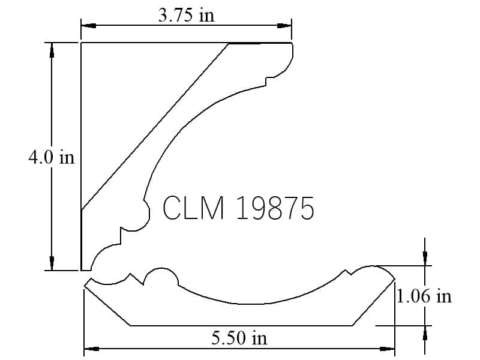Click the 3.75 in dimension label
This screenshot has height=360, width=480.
186,16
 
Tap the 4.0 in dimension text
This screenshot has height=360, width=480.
52,158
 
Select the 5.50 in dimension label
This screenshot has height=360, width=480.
239,338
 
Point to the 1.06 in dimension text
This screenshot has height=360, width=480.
424,296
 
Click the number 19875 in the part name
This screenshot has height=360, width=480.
275,208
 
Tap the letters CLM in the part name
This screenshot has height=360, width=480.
193,208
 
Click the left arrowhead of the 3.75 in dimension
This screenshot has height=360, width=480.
89,26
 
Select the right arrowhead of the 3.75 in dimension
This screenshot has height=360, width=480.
284,26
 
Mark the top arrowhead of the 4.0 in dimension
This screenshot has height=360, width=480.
52,50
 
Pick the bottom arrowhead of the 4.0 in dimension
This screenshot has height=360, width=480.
52,263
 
